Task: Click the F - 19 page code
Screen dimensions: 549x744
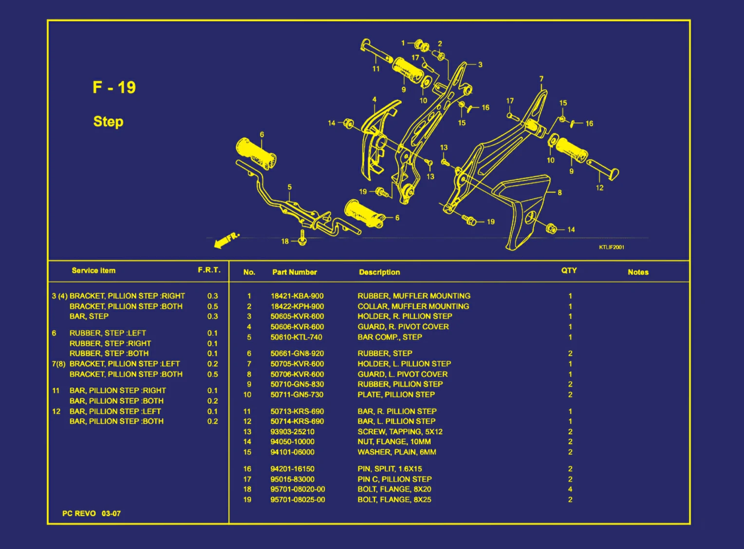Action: tap(114, 87)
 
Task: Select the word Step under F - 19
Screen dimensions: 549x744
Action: tap(108, 121)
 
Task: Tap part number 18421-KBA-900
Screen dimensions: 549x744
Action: tap(297, 296)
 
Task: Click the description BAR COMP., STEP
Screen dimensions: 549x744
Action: tap(390, 337)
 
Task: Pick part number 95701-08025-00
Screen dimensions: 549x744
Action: tap(298, 499)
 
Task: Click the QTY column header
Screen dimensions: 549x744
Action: tap(569, 270)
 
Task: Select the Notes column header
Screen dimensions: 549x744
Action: tap(638, 272)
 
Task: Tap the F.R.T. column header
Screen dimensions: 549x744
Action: tap(209, 270)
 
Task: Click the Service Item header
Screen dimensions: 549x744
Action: tap(93, 270)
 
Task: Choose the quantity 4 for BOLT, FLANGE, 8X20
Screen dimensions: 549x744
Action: tap(570, 489)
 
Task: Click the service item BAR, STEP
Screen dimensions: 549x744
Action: tap(89, 316)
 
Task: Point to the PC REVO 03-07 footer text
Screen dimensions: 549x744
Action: tap(92, 513)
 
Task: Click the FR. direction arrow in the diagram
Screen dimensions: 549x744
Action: tap(226, 239)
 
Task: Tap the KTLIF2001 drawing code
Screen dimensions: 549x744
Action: tap(612, 247)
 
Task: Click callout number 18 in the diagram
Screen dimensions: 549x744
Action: tap(285, 241)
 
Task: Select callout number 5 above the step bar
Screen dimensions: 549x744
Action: tap(290, 187)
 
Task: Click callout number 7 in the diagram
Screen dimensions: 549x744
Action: tap(541, 79)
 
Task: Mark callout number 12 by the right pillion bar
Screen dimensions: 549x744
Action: tap(599, 188)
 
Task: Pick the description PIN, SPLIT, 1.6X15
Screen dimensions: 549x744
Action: tap(390, 469)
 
